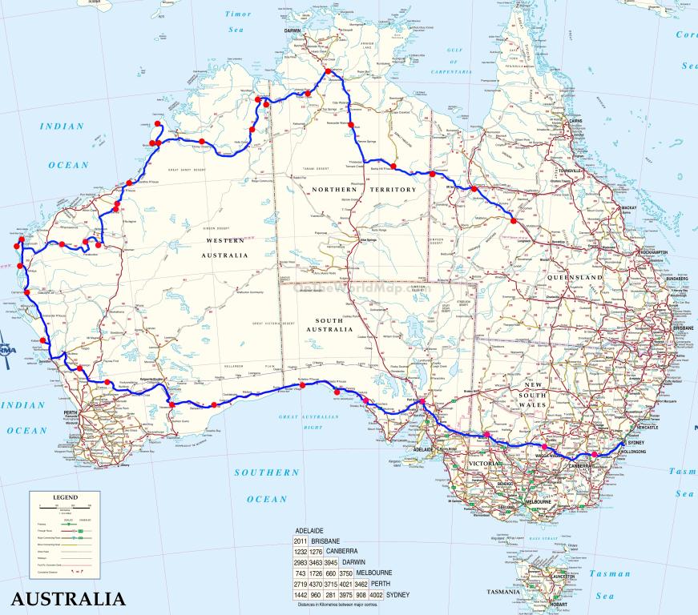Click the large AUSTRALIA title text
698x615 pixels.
pos(68,598)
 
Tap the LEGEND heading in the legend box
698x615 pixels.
pos(65,497)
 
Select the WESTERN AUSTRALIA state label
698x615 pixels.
pos(224,247)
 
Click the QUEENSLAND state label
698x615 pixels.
pos(575,277)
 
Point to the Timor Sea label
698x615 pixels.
pos(237,21)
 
